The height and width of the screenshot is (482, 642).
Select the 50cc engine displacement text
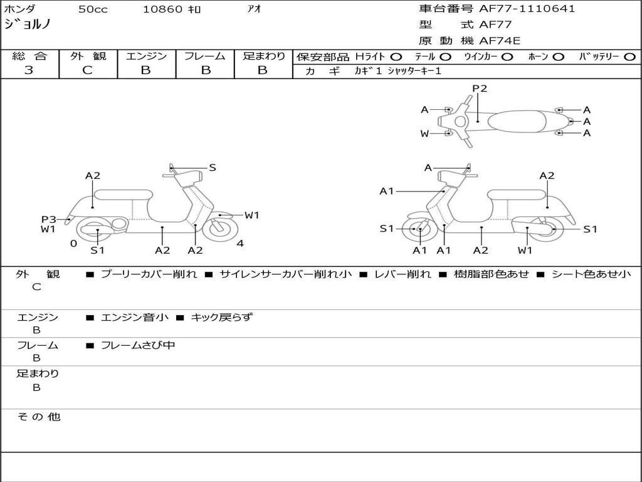pyautogui.click(x=93, y=9)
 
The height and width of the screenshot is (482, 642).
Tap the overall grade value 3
pyautogui.click(x=29, y=70)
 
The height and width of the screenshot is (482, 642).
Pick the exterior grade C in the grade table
pyautogui.click(x=88, y=70)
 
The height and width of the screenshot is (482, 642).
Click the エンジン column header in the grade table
pyautogui.click(x=146, y=56)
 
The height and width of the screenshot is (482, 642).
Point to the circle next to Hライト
pyautogui.click(x=396, y=56)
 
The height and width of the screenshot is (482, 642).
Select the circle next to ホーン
pyautogui.click(x=558, y=56)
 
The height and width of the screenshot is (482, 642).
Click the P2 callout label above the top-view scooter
pyautogui.click(x=480, y=88)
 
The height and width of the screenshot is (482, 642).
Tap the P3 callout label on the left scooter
pyautogui.click(x=49, y=219)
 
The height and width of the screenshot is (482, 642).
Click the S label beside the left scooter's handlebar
pyautogui.click(x=213, y=168)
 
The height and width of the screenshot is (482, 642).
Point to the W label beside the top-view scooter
pyautogui.click(x=424, y=133)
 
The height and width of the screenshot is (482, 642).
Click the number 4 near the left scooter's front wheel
pyautogui.click(x=240, y=243)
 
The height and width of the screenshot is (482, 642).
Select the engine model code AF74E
pyautogui.click(x=500, y=41)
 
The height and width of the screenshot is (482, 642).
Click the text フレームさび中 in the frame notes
pyautogui.click(x=138, y=345)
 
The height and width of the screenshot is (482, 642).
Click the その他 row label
pyautogui.click(x=38, y=417)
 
